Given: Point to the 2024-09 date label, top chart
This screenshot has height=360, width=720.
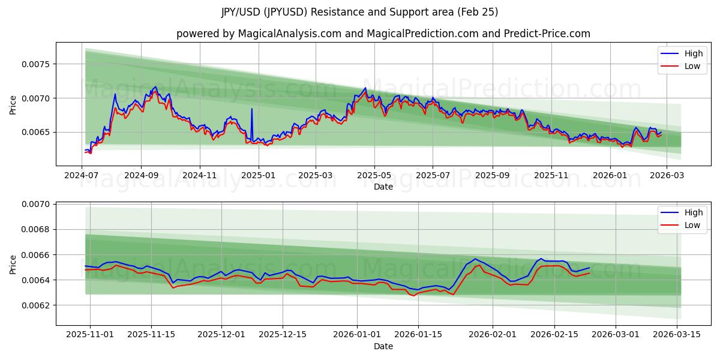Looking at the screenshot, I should (x=142, y=175).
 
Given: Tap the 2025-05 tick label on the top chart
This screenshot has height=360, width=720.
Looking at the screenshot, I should (x=374, y=175).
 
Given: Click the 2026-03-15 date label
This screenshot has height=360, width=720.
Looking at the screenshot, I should (x=678, y=335).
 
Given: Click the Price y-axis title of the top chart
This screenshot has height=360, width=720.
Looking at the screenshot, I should (x=13, y=104).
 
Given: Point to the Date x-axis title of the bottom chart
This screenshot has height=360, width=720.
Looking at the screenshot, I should (x=383, y=346).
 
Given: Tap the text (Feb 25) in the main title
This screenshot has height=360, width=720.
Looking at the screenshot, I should (x=477, y=12).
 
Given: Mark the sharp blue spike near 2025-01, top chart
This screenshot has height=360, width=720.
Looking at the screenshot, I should (x=251, y=109).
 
